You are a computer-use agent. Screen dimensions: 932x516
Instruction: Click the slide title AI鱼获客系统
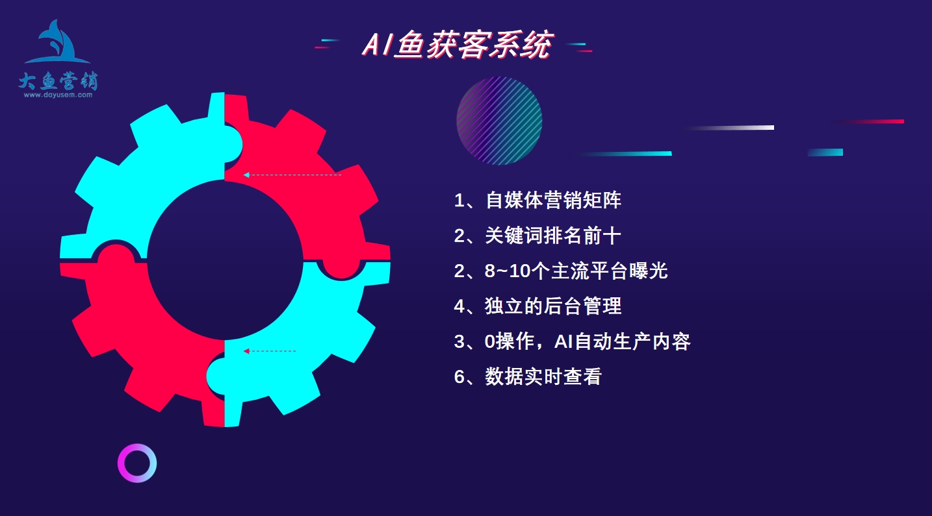[x=457, y=44]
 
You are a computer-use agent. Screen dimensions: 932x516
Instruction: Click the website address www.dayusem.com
[x=58, y=95]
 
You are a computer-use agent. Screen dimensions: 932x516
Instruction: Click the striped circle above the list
[x=499, y=121]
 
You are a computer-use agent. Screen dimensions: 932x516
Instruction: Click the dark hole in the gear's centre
[x=225, y=260]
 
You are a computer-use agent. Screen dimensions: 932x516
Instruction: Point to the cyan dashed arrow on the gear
[x=292, y=175]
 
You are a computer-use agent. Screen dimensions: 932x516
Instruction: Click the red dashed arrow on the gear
[x=270, y=351]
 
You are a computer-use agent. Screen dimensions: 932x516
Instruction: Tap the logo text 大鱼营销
[x=58, y=80]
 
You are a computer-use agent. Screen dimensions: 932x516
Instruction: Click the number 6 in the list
[x=459, y=377]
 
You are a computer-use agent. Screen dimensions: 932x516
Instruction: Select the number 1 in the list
[x=459, y=201]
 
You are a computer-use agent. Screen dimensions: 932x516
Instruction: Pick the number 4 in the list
[x=459, y=306]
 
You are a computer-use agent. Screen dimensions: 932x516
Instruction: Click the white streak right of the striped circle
[x=729, y=128]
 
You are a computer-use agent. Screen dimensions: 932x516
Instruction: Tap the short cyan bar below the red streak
[x=825, y=153]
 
